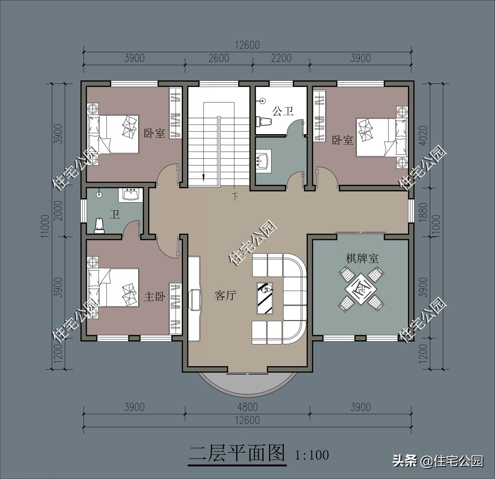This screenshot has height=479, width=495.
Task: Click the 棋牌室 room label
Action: (362, 259)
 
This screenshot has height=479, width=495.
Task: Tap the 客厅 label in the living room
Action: (225, 295)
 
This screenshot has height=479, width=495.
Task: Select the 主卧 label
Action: (155, 297)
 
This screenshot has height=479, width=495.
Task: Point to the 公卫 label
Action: (283, 111)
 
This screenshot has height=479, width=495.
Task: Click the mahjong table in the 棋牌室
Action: (361, 288)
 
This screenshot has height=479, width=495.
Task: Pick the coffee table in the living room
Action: (265, 298)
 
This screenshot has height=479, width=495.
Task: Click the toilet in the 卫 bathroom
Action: (100, 225)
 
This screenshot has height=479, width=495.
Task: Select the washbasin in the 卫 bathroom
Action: (131, 195)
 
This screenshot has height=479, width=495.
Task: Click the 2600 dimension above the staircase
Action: (219, 58)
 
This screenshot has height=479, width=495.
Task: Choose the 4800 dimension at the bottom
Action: (247, 407)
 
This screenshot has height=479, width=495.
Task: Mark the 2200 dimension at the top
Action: (281, 58)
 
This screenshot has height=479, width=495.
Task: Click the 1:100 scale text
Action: (312, 455)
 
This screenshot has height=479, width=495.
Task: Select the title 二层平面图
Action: (237, 453)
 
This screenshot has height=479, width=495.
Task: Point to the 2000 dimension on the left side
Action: (58, 211)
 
